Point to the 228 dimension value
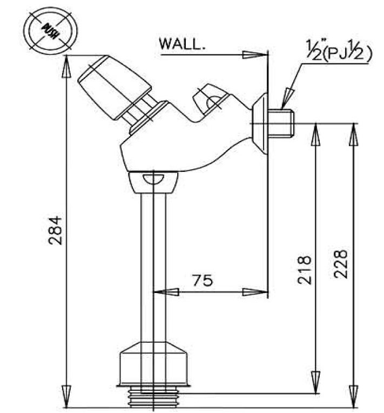[x=340, y=263]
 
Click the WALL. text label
[x=182, y=44]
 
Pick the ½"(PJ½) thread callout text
[x=336, y=52]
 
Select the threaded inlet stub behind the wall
[x=282, y=123]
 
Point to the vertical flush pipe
[x=152, y=265]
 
